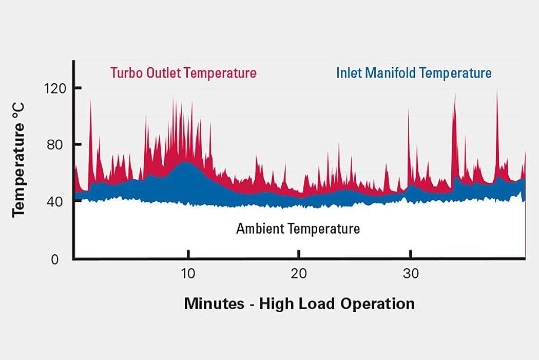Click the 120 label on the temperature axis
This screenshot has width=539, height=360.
tap(54, 88)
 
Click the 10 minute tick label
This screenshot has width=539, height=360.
tap(188, 273)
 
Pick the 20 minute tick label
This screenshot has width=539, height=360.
tap(299, 273)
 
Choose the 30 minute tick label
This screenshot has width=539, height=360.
tap(410, 273)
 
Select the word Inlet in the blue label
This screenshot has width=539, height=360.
tap(350, 73)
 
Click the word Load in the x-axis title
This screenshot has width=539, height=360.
tap(314, 304)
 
